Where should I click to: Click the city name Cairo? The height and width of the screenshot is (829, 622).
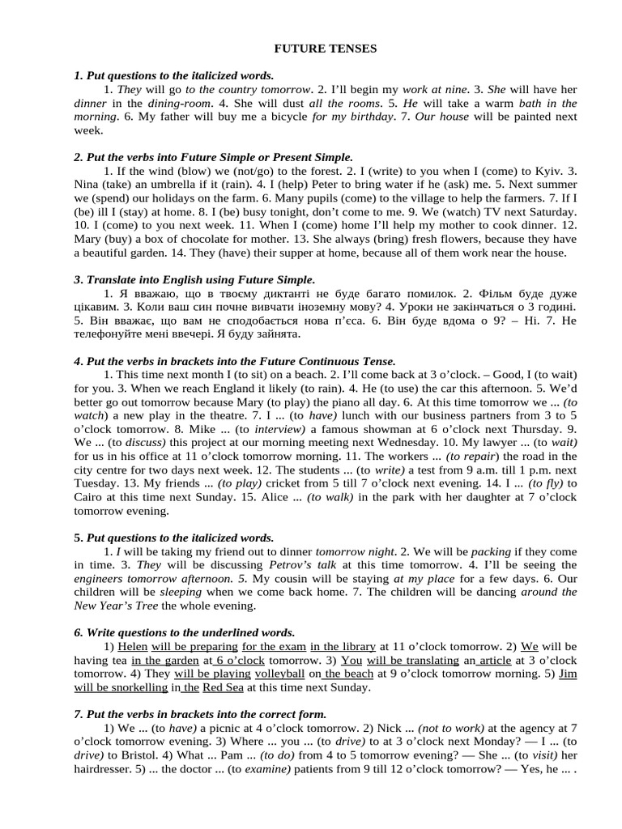point(90,498)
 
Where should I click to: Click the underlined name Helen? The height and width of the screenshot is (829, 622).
point(133,647)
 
